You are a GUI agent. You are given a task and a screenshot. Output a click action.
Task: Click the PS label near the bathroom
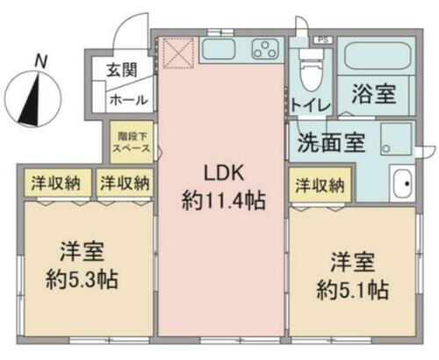pyautogui.click(x=323, y=40)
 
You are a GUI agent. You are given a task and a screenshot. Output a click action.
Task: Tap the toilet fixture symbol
pyautogui.click(x=311, y=69)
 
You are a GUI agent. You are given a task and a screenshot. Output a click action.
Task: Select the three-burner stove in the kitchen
pyautogui.click(x=265, y=49)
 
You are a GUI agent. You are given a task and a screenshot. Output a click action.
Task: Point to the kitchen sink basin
pyautogui.click(x=219, y=48)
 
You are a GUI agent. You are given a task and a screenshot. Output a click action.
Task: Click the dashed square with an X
pyautogui.click(x=178, y=54)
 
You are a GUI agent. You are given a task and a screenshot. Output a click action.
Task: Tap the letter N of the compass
pyautogui.click(x=40, y=61)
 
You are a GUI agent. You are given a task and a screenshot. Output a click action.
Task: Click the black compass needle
pyautogui.click(x=31, y=100)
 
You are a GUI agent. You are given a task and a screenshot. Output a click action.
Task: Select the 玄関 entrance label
pyautogui.click(x=121, y=70)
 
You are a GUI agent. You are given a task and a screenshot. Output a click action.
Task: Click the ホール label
pyautogui.click(x=128, y=100)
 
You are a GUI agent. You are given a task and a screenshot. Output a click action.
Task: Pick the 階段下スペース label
pyautogui.click(x=132, y=142)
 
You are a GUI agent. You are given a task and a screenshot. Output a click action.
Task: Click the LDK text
pyautogui.click(x=224, y=173)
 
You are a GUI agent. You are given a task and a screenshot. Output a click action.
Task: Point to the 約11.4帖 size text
pyautogui.click(x=224, y=200)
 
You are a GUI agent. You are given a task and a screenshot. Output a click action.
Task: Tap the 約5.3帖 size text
pyautogui.click(x=83, y=280)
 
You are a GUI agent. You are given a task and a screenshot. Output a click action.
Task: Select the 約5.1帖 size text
pyautogui.click(x=353, y=290)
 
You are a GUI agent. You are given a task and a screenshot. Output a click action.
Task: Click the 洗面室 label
pyautogui.click(x=331, y=143)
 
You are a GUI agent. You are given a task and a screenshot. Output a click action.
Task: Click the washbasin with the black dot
pyautogui.click(x=402, y=184)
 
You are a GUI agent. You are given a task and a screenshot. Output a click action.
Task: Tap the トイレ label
pyautogui.click(x=311, y=104)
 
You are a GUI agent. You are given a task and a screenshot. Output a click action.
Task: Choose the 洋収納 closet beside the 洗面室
pyautogui.click(x=320, y=185)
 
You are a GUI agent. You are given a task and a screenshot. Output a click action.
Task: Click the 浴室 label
pyautogui.click(x=374, y=94)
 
